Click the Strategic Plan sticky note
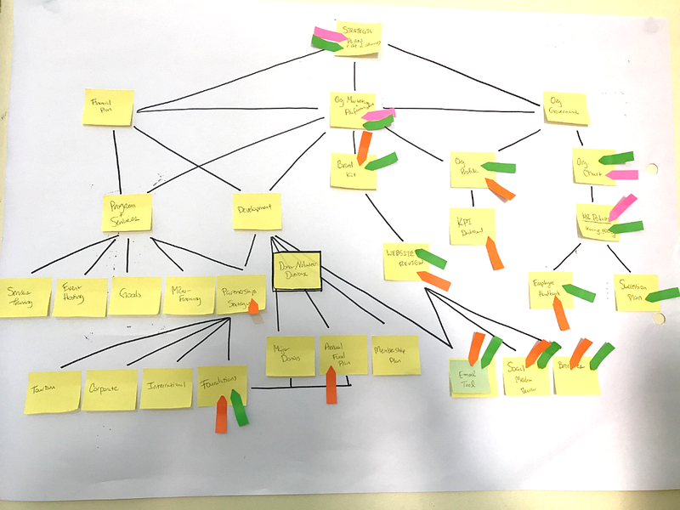[359, 38]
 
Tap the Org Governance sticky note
[565, 109]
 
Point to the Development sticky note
[257, 211]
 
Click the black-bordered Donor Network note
[296, 270]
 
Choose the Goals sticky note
[134, 295]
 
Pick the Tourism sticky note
[54, 391]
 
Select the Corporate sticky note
[110, 389]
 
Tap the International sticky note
[166, 388]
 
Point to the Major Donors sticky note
[290, 355]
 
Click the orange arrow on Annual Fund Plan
[331, 383]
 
